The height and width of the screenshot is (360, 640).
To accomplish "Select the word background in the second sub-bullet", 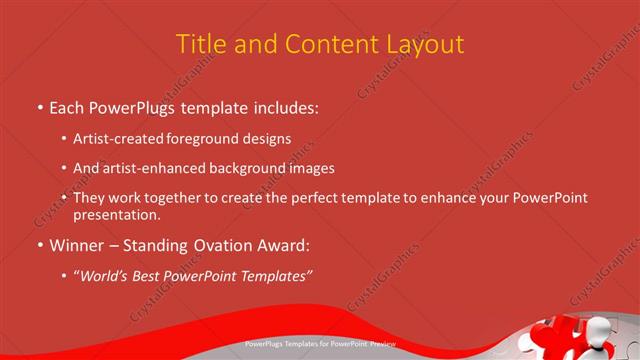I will [x=248, y=168].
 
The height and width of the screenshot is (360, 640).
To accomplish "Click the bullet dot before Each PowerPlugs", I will [x=39, y=105].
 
